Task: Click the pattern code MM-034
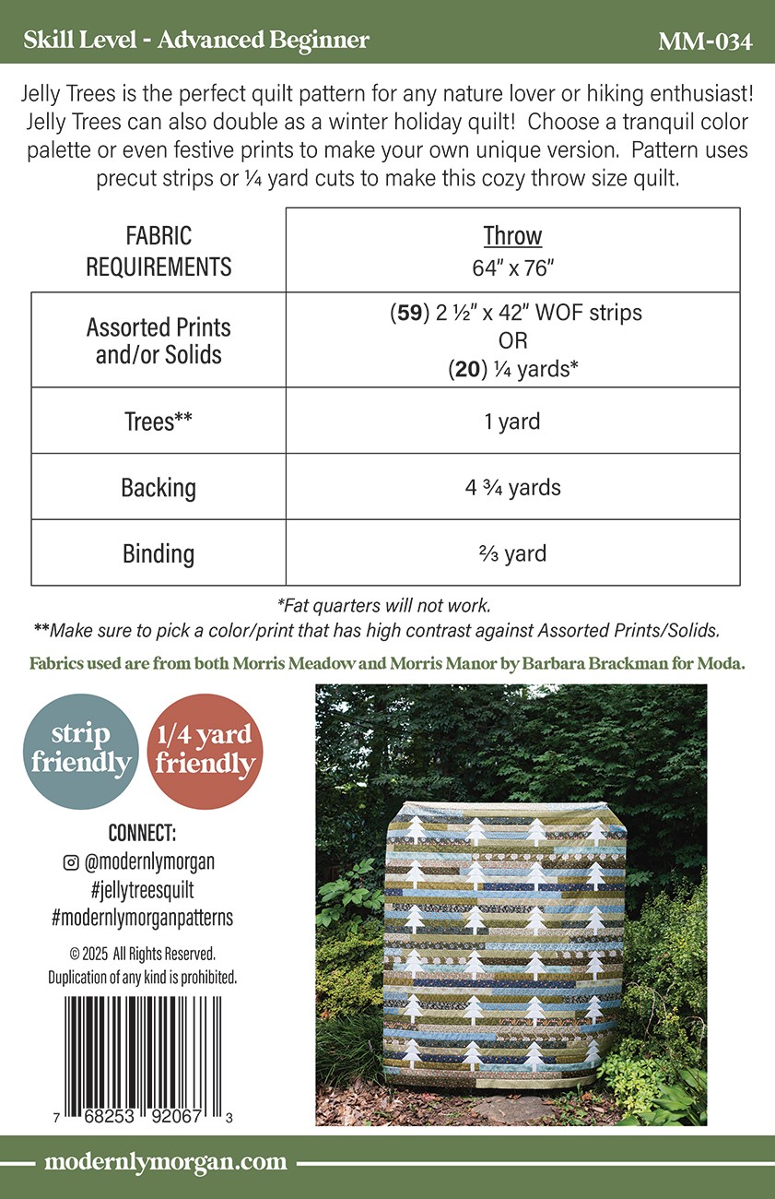[x=705, y=42]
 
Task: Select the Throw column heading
[x=512, y=236]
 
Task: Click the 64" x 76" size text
[x=512, y=268]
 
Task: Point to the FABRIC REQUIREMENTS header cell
[x=159, y=251]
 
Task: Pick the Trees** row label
[x=159, y=421]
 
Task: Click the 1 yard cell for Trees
[x=512, y=421]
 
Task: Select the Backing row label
[x=159, y=487]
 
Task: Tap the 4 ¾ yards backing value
[x=512, y=487]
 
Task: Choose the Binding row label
[x=159, y=553]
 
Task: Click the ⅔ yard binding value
[x=512, y=553]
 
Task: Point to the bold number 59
[x=409, y=312]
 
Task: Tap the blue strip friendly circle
[x=81, y=749]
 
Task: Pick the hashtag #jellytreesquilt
[x=142, y=890]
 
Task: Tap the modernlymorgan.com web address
[x=166, y=1162]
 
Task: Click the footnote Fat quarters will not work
[x=383, y=607]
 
